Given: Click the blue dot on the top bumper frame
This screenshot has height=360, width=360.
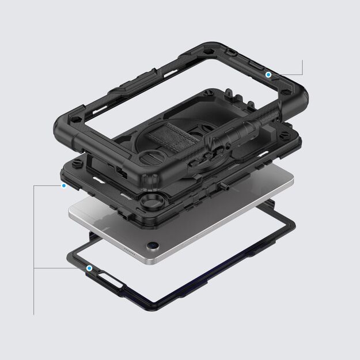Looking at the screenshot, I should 268,75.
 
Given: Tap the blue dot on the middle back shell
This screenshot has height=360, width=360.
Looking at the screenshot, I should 63,185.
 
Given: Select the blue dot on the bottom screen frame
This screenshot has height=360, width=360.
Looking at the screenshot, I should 89,268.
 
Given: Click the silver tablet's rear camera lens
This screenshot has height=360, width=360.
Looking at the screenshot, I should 151,245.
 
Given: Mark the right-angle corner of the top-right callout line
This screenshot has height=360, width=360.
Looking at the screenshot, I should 301,75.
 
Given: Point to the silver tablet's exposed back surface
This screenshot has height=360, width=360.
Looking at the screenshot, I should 190,230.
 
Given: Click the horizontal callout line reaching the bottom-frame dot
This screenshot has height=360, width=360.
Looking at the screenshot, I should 60,268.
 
